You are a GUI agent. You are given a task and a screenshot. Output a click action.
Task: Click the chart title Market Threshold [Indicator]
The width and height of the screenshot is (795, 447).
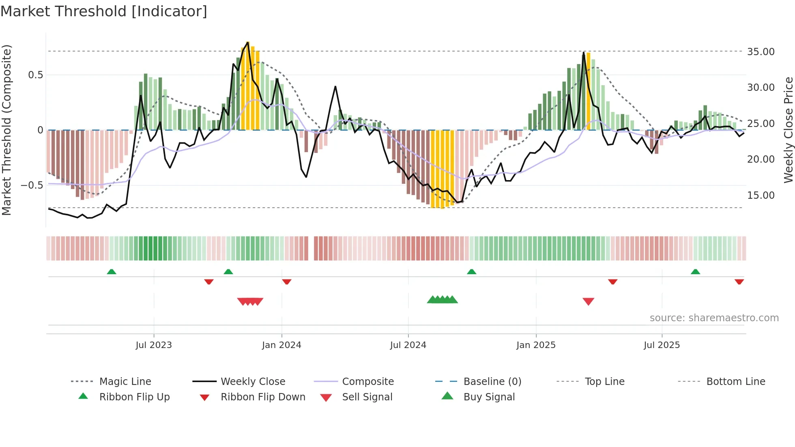click(104, 11)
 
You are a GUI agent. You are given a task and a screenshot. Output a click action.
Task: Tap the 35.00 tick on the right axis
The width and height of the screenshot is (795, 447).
click(761, 52)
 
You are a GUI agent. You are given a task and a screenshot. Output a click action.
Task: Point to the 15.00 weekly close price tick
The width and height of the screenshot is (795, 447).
click(761, 196)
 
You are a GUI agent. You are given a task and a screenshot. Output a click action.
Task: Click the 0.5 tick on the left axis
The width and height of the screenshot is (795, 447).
click(35, 75)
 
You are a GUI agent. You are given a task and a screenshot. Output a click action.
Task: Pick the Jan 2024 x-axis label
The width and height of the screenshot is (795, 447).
click(281, 345)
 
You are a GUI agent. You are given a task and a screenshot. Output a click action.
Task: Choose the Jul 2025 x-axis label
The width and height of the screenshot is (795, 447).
click(662, 345)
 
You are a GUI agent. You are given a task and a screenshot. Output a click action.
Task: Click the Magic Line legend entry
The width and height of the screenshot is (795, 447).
click(125, 382)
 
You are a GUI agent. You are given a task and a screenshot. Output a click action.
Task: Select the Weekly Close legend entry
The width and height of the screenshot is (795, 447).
click(253, 382)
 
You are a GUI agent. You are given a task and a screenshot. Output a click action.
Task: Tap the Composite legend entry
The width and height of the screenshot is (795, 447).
click(368, 382)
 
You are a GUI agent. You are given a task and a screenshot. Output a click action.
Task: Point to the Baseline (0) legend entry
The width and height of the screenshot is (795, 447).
click(492, 382)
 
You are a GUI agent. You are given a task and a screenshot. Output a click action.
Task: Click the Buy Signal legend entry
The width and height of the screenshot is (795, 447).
click(489, 397)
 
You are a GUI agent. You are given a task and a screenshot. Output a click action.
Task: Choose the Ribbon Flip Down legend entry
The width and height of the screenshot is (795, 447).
click(263, 397)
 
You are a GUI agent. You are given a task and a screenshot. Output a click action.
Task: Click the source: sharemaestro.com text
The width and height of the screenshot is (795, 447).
click(714, 318)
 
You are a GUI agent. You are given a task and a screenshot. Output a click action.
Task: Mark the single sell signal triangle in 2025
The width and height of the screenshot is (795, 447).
click(588, 301)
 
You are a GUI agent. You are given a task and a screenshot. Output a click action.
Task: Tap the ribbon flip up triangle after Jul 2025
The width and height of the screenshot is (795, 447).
click(695, 272)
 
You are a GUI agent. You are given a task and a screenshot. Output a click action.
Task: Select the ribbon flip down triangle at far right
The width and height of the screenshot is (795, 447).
click(739, 282)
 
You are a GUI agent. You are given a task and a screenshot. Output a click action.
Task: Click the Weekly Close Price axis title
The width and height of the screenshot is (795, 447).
click(788, 130)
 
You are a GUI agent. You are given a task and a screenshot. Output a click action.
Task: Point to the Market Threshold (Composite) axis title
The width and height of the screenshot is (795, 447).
click(6, 130)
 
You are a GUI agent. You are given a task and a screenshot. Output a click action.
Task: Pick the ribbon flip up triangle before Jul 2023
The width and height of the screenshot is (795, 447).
click(112, 272)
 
